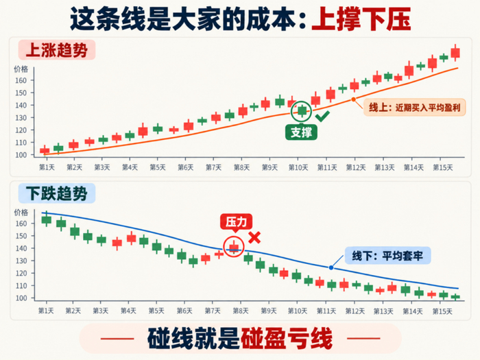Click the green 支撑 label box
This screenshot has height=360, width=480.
[x=301, y=132]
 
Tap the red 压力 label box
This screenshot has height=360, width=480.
[x=236, y=221]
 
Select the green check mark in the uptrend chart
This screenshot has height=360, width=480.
[x=322, y=116]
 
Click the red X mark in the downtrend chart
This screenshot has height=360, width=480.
[x=254, y=237]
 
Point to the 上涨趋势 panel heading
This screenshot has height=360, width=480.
[x=57, y=50]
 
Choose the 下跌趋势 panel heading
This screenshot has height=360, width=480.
[x=57, y=193]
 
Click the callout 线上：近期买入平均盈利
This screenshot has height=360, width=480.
[x=414, y=108]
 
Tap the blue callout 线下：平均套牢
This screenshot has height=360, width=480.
[x=388, y=256]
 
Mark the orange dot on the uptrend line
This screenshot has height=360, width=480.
[x=354, y=99]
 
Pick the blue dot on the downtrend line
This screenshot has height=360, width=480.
[x=331, y=267]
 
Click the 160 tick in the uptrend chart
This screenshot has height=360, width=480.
[x=21, y=80]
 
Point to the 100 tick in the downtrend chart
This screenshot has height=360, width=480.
[x=21, y=298]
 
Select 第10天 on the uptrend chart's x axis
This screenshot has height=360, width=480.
[x=298, y=168]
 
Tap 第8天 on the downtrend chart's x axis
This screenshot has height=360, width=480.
[x=241, y=311]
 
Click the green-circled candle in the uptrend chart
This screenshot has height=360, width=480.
[x=302, y=110]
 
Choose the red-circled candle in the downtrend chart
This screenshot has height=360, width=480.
[x=234, y=247]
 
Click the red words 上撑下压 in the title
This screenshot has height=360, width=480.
[x=361, y=19]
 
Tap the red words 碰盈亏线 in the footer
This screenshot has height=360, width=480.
[x=287, y=339]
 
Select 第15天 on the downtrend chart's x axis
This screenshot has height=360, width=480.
[x=442, y=311]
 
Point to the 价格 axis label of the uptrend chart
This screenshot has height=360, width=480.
[x=21, y=69]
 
